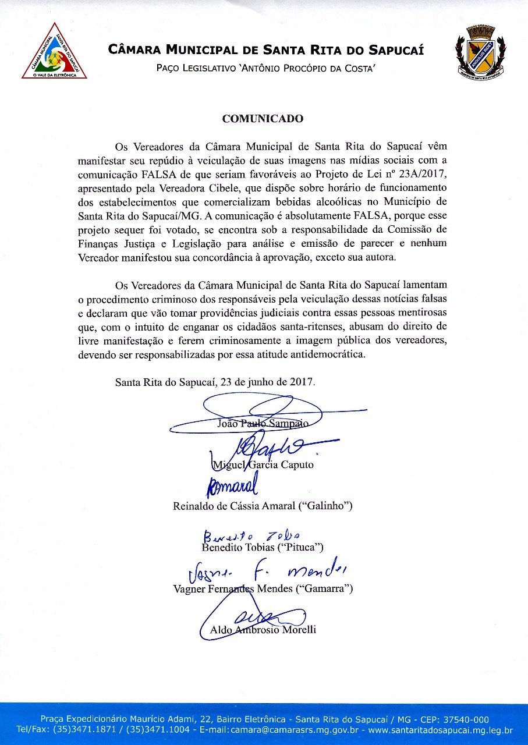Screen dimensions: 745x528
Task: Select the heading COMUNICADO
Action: point(263,119)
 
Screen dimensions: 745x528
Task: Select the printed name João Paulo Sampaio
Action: point(263,424)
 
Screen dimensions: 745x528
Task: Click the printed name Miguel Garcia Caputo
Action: point(263,464)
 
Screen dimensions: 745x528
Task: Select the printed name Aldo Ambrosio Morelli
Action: point(263,630)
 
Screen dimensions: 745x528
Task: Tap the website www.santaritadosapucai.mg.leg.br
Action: point(441,729)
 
